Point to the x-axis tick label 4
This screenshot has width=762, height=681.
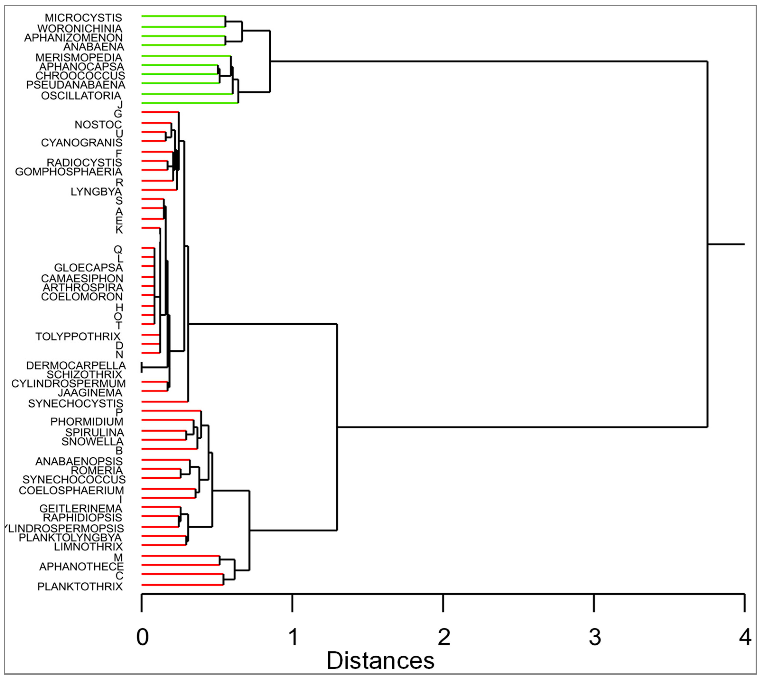[745, 637]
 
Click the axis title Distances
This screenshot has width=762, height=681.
[380, 661]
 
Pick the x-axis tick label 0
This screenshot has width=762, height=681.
[142, 637]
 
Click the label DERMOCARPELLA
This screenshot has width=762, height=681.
[76, 366]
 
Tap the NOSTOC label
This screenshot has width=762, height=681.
[98, 124]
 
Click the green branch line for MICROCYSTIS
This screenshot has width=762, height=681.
[183, 16]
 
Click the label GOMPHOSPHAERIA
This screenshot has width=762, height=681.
[69, 172]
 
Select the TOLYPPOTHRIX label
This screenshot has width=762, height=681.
[78, 337]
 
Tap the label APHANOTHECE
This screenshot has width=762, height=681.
[81, 567]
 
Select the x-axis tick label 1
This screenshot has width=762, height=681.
[293, 637]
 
